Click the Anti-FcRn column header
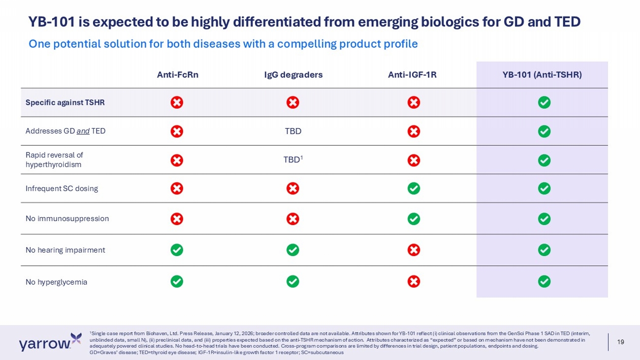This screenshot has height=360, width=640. pos(177,75)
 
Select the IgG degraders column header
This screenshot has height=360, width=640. pos(293,75)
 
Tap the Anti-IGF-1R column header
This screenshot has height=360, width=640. pos(412,75)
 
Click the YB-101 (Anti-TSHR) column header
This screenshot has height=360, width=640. pos(542,75)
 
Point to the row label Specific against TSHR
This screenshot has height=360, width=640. pos(65,102)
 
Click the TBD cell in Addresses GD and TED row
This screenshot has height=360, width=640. pos(293,131)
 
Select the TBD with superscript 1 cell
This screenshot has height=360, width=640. pos(293,159)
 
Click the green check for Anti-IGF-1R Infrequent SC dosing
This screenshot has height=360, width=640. pos(414,189)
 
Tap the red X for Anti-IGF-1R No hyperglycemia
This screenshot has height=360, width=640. pos(414,281)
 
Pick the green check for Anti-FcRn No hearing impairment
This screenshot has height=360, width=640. pos(177,250)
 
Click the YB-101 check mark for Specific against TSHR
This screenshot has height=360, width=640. pos(544,102)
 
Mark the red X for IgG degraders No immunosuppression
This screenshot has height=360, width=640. pos(292,219)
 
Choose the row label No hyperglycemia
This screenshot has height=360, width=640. pos(56,282)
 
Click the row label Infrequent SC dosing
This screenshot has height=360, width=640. pos(62,189)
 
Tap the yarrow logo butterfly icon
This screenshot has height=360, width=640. pos(76,338)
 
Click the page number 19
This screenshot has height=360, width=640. pos(620,342)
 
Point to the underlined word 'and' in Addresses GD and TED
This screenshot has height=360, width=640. pos(83,131)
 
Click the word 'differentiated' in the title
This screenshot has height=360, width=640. pos(265,22)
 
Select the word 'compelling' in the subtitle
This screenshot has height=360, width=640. pos(306,44)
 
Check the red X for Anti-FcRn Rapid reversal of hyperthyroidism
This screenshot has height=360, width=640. pos(177,160)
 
